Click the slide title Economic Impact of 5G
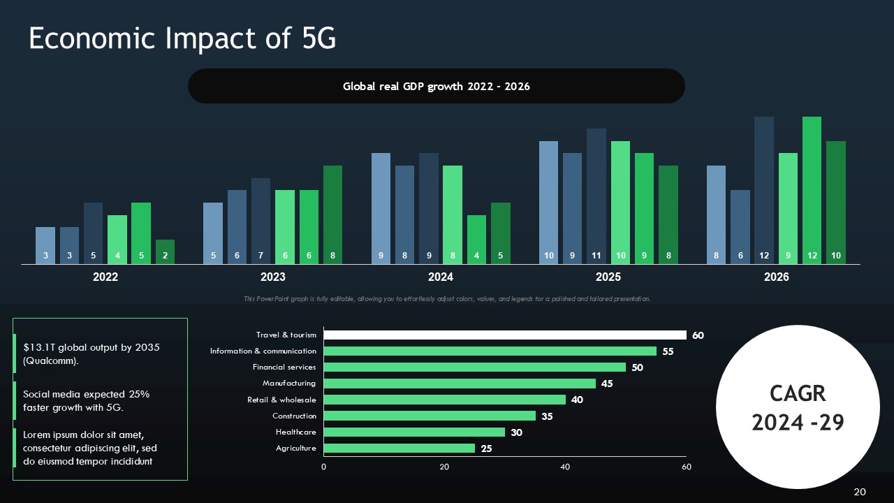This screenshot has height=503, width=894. click(182, 39)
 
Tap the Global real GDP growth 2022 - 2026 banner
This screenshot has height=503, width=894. click(436, 87)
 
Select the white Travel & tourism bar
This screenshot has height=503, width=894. click(504, 335)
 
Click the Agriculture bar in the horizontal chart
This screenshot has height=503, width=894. click(399, 449)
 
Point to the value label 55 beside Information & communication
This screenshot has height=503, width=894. click(668, 351)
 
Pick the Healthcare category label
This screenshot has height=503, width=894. click(295, 432)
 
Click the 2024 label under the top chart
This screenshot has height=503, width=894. click(440, 277)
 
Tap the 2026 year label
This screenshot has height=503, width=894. click(776, 277)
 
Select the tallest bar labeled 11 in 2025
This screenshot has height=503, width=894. click(596, 196)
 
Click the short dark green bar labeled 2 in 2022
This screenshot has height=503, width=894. click(165, 251)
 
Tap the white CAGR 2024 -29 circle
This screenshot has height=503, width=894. click(798, 407)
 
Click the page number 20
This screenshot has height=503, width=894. click(860, 492)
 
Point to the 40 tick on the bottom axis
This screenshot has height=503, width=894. click(565, 467)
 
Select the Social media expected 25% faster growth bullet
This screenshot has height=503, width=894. click(87, 401)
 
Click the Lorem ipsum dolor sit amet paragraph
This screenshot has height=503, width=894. click(89, 448)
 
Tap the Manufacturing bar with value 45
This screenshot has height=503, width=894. click(459, 384)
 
